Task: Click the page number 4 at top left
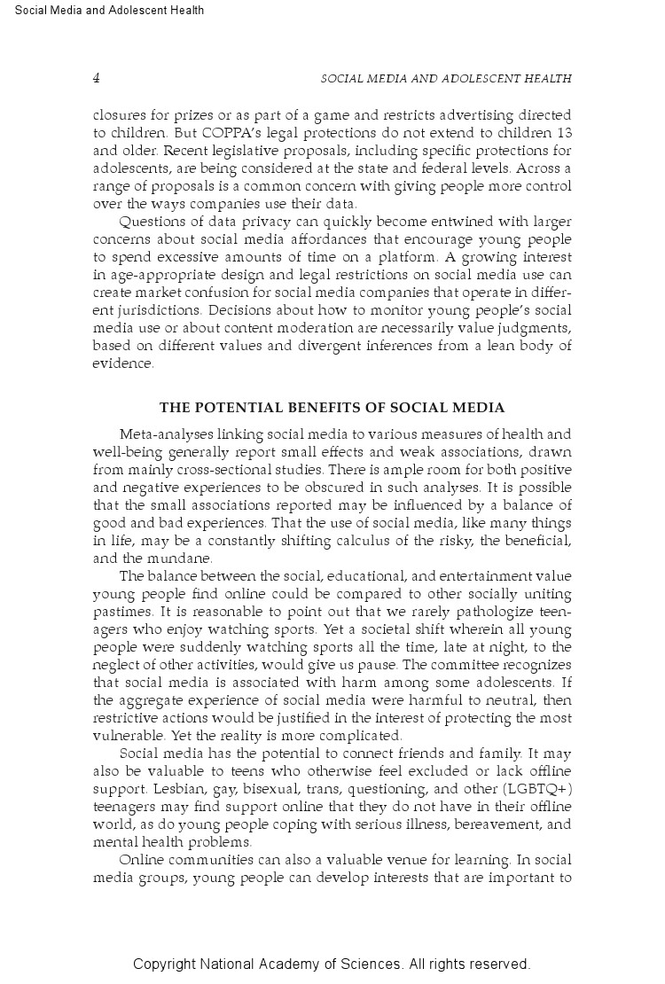96,78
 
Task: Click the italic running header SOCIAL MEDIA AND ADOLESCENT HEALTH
445,79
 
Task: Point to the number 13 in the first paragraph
563,133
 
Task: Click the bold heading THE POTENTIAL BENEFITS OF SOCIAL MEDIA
332,408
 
